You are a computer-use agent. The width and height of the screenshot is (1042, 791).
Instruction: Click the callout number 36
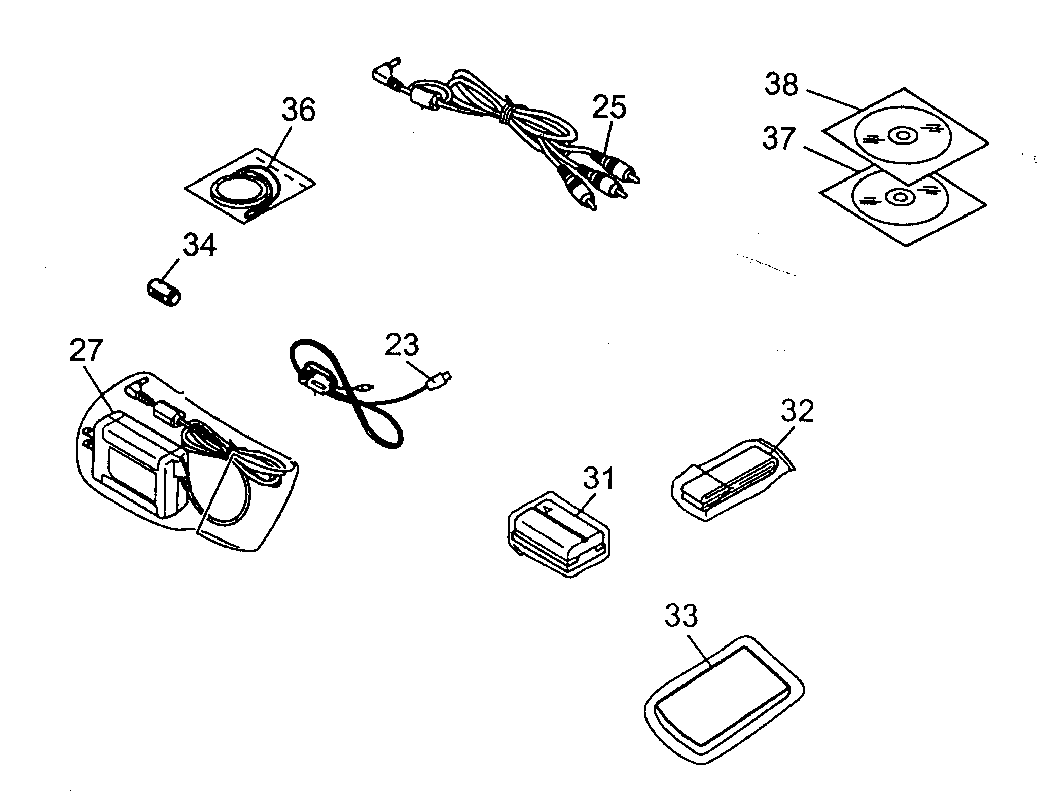coord(298,110)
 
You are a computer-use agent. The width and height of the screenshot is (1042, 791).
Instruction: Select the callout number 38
coord(781,85)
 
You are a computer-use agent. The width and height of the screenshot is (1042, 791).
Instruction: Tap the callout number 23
coord(402,345)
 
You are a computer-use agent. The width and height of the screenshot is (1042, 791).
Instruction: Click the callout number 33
coord(681,617)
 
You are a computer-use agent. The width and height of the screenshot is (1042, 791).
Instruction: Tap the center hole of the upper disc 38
coord(903,135)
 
